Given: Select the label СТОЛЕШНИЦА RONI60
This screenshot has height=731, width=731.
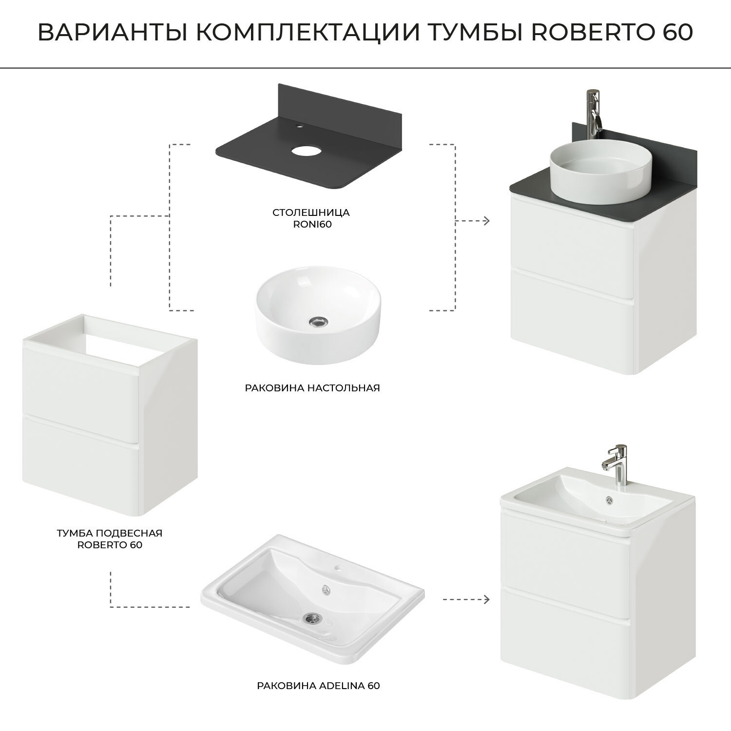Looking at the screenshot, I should (x=311, y=218).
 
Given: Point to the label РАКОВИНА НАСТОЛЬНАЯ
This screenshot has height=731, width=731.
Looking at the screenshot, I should (x=312, y=388).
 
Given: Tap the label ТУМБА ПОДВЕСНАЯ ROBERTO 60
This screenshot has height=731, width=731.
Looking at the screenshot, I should (x=110, y=539).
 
